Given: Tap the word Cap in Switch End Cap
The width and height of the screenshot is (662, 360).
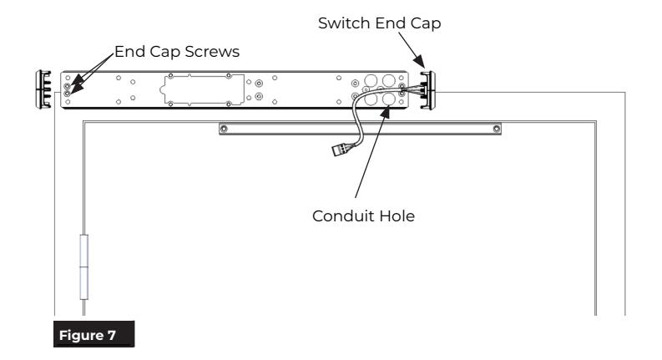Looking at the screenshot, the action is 426,23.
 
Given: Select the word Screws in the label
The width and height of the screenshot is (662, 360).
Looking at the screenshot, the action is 212,52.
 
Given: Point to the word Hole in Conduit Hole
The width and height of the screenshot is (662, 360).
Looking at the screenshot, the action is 397,215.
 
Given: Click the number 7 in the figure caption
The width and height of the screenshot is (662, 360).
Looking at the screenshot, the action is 112,336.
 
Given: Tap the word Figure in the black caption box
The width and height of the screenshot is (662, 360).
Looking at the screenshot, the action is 81,336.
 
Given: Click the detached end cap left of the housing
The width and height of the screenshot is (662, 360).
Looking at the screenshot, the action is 43,89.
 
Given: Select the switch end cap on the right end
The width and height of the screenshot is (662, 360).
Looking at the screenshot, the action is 427,90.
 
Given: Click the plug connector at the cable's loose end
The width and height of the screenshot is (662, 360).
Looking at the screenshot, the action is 341,150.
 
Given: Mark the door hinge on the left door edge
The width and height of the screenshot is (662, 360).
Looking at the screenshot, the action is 84,267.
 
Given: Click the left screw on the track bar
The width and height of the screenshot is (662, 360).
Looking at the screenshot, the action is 224,129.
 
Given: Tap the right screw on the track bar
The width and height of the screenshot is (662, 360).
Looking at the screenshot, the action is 497,129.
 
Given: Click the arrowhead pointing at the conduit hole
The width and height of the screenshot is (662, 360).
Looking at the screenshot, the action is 385,112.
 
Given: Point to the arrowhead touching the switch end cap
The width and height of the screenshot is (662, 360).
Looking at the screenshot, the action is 419,62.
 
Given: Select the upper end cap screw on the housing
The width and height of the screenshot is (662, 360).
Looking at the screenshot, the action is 67,86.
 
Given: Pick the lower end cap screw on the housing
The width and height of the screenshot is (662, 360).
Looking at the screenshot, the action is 67,94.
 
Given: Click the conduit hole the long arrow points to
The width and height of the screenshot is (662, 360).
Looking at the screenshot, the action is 389,99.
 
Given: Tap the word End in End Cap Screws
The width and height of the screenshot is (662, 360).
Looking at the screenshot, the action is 129,52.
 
